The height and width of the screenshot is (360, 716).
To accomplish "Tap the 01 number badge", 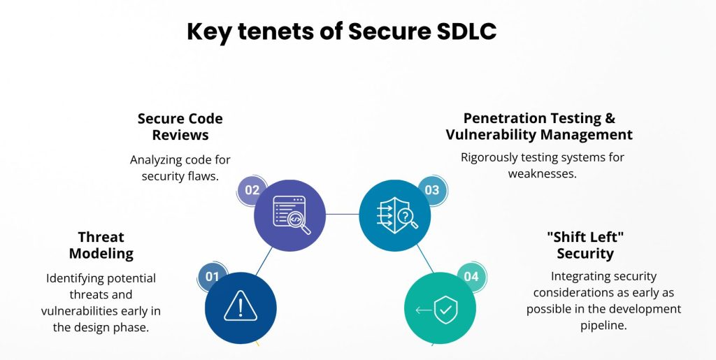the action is (x=213, y=277).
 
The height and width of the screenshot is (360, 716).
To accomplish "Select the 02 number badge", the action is (x=252, y=190).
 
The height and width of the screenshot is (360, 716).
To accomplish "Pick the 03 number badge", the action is (x=432, y=190).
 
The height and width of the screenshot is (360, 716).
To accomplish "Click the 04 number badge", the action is (x=471, y=277).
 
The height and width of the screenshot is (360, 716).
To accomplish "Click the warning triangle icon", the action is (x=241, y=306).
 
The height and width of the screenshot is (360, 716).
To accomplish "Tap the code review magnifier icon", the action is (x=292, y=215).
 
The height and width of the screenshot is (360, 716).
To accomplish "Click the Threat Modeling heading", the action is (x=101, y=245).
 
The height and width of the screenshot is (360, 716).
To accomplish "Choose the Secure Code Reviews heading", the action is (x=180, y=127).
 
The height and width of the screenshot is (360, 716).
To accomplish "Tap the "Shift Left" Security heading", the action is (x=585, y=245).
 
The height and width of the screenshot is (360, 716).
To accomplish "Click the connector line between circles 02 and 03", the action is (x=343, y=214).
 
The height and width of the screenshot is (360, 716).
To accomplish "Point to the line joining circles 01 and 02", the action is (x=264, y=261).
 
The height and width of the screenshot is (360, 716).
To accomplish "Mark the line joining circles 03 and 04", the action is (x=425, y=258).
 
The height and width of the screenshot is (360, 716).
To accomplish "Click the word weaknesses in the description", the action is (x=542, y=174).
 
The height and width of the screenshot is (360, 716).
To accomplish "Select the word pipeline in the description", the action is (x=603, y=325).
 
